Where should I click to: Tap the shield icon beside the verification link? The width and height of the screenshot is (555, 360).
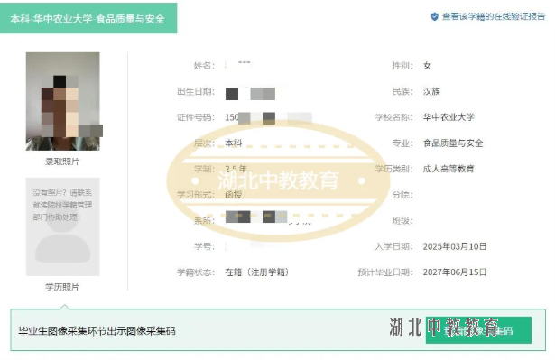[x=434, y=16]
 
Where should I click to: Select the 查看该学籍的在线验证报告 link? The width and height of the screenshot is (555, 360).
[x=493, y=16]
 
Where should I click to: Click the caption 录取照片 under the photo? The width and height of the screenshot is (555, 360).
[x=62, y=162]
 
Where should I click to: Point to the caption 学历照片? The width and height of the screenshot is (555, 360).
[x=62, y=287]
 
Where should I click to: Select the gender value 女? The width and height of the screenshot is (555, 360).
[x=428, y=66]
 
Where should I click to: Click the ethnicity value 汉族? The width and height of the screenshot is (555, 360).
[x=431, y=92]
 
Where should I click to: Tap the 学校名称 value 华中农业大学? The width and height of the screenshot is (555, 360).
[x=448, y=117]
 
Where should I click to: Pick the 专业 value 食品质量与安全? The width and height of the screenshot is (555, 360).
[x=453, y=143]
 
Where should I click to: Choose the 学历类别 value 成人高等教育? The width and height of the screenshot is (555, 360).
[x=448, y=169]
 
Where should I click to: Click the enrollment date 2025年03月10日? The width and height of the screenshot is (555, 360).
[x=454, y=245]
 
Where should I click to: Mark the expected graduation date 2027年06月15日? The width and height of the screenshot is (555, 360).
[x=454, y=272]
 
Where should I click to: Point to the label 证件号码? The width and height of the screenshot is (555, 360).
[x=195, y=117]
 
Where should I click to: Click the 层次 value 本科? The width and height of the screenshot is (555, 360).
[x=233, y=143]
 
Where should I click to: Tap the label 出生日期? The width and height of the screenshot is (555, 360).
[x=195, y=92]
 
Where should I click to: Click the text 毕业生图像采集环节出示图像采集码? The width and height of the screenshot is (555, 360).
[x=97, y=331]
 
